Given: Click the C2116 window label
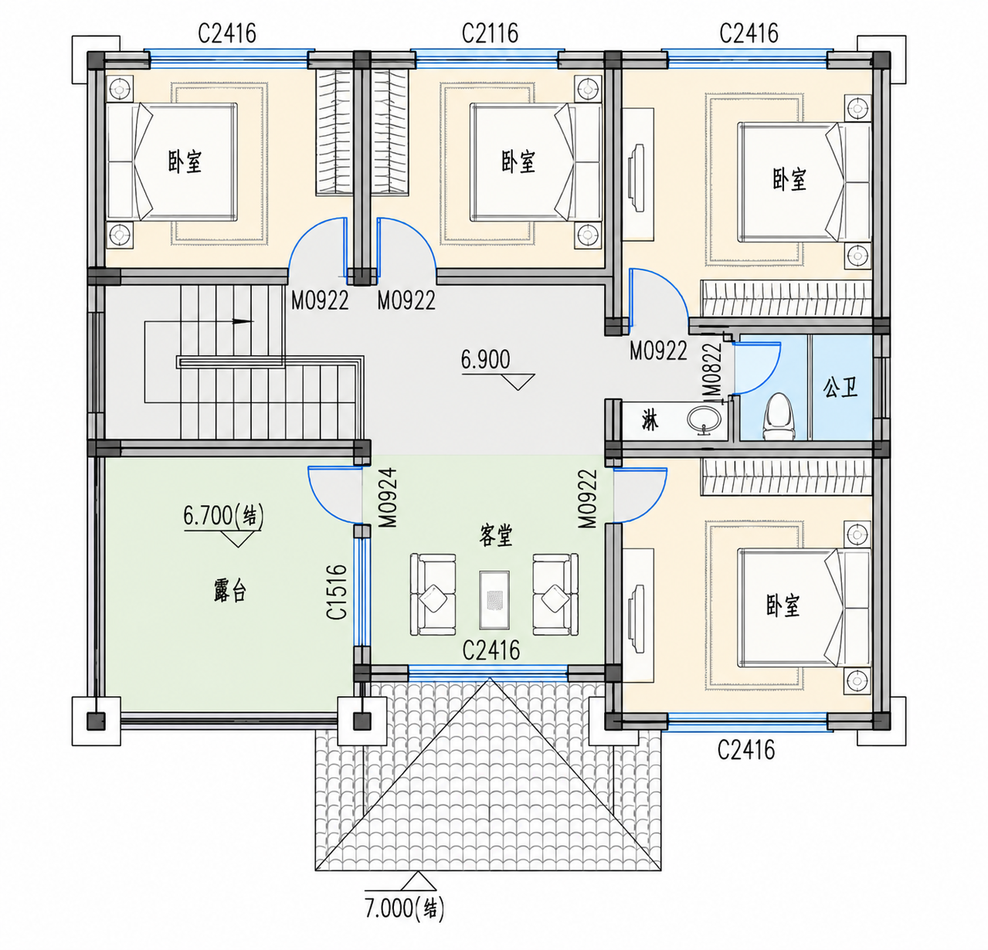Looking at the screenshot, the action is coord(490,33).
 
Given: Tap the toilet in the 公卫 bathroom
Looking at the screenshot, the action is coord(779,416).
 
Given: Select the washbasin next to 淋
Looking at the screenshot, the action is coord(705,420).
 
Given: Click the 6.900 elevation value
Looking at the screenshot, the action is coord(485,359).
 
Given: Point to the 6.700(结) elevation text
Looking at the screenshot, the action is coord(223,516).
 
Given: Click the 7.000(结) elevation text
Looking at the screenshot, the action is coord(404,908).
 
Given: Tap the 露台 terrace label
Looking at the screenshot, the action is coord(230,591).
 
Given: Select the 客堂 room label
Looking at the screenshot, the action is coord(495,535).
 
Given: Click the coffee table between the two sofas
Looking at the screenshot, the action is coord(494,599).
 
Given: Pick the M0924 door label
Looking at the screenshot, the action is coord(388,497).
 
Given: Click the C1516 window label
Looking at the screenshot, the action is coord(337,592).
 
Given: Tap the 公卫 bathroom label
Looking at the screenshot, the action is coord(840,388).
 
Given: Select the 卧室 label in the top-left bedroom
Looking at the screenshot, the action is coord(185,161).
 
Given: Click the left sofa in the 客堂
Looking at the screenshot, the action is coord(433,595).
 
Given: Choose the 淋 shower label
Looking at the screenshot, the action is coord(650,422).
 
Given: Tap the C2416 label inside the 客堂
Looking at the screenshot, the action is coord(491,650).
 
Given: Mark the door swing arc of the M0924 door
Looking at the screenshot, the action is coord(329,505).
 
